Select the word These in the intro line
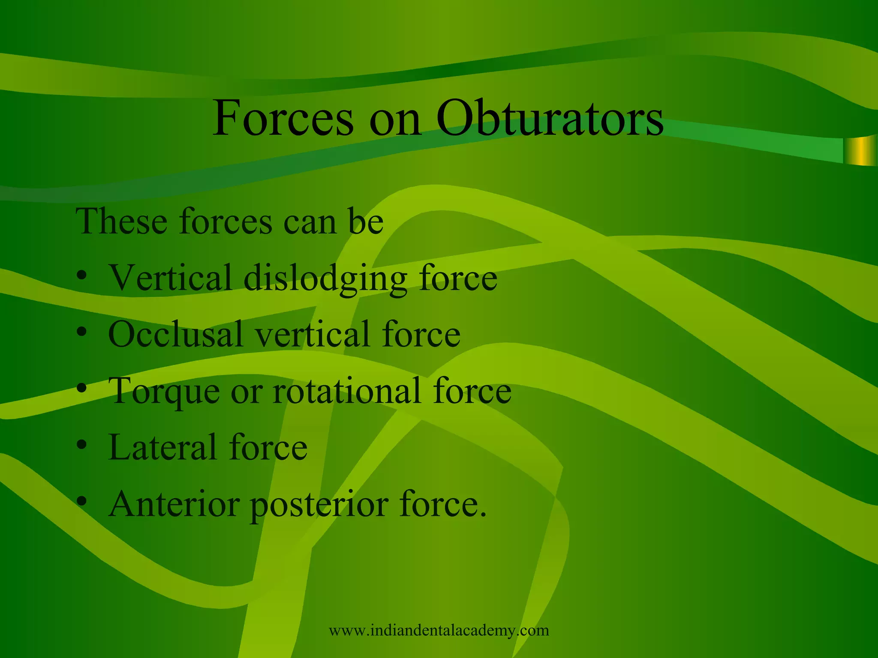[x=121, y=221]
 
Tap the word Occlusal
[x=176, y=334]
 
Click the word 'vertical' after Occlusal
[x=313, y=334]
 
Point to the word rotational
[x=347, y=391]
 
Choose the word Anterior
[x=174, y=504]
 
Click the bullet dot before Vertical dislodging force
[x=82, y=276]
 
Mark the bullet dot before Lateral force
[x=82, y=446]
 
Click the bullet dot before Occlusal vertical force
[x=82, y=332]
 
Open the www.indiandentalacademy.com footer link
[x=439, y=631]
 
